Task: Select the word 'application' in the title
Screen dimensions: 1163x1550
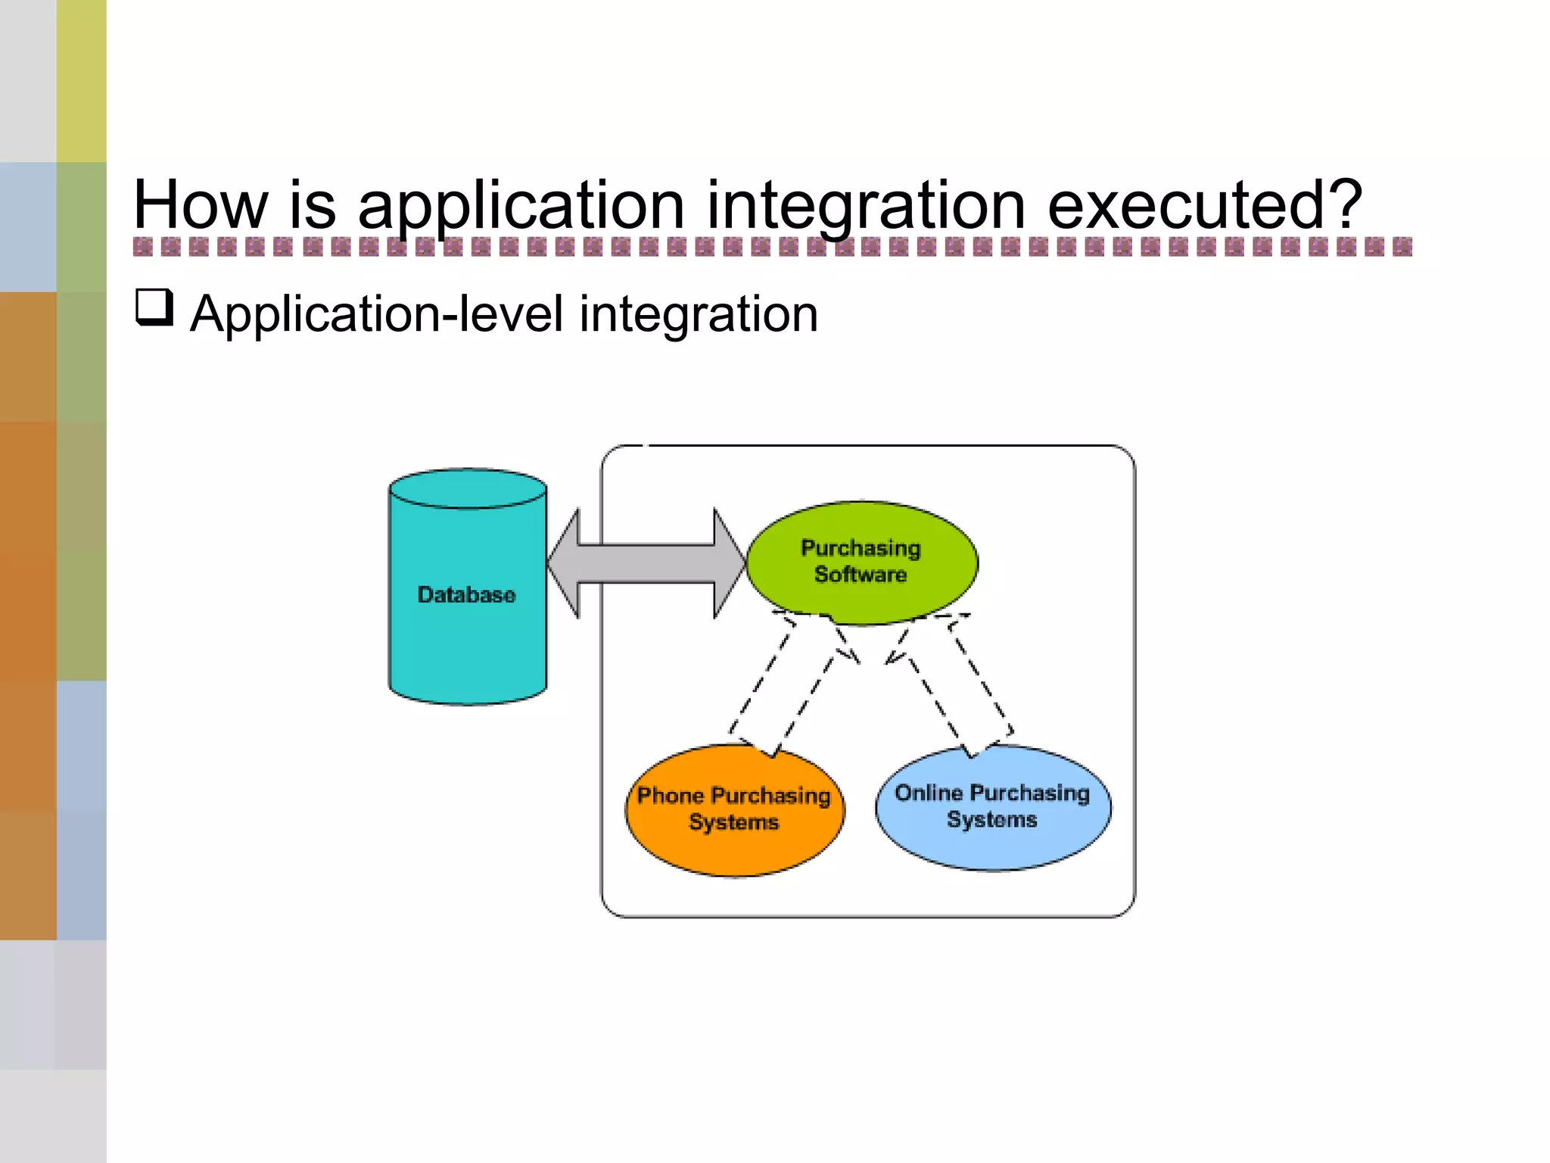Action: [x=521, y=206]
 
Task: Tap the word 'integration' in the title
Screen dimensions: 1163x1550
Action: [x=866, y=206]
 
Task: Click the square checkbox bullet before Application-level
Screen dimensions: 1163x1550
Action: [x=154, y=308]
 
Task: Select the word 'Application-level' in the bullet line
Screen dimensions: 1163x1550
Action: [x=376, y=313]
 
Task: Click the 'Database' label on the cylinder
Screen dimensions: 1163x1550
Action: [x=466, y=595]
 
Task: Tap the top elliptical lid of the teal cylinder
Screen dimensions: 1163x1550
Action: [x=468, y=488]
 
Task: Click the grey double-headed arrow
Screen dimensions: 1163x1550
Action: [x=646, y=563]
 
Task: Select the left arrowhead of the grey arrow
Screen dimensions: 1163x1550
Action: [x=565, y=563]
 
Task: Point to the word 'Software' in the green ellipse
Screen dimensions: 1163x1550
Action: [x=861, y=575]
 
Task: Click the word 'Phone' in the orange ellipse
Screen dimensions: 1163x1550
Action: [x=671, y=796]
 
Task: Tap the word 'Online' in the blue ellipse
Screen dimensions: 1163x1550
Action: [x=929, y=793]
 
